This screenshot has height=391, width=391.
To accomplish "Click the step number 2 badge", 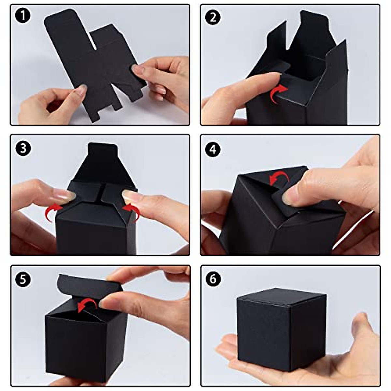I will (x=213, y=17).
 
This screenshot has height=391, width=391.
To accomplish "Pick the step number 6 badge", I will (x=213, y=279).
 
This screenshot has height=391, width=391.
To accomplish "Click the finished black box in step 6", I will (x=282, y=329).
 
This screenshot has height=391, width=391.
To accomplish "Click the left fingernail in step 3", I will (x=67, y=195).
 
